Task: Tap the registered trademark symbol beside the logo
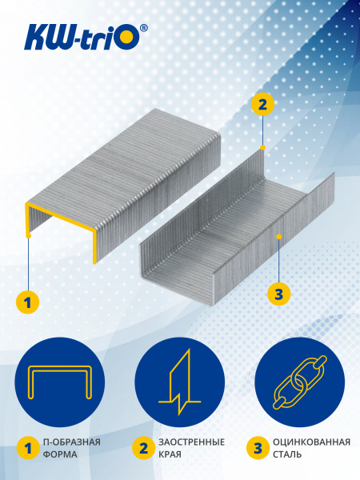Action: [x=143, y=28]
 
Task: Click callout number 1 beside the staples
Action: [x=28, y=302]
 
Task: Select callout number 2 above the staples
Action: [x=262, y=104]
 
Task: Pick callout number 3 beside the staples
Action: [x=278, y=294]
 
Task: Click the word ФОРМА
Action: [x=62, y=454]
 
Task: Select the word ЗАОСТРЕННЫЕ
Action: [x=192, y=442]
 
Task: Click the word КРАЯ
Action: [x=170, y=454]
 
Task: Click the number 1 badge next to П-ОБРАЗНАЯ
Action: [x=28, y=448]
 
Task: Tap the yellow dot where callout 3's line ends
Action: [x=278, y=237]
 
